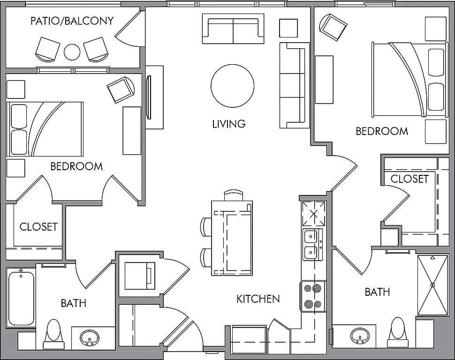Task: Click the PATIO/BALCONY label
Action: click(x=72, y=21)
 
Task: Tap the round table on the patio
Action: click(x=72, y=52)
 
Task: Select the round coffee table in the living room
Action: click(x=233, y=86)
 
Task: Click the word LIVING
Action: click(x=229, y=124)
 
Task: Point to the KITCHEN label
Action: click(x=258, y=299)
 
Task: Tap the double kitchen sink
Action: click(x=313, y=244)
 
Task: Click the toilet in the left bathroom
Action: click(x=54, y=334)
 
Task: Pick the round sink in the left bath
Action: click(x=90, y=337)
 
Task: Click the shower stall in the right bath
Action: click(x=432, y=285)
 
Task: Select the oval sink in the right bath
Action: click(x=360, y=336)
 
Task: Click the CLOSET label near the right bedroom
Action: click(x=409, y=179)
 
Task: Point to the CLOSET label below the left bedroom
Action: click(x=38, y=227)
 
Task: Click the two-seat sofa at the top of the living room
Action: click(x=233, y=29)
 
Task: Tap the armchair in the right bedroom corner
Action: click(x=334, y=27)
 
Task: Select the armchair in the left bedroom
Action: click(x=121, y=90)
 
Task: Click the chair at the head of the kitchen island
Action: click(x=234, y=195)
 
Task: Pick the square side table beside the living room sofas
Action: click(x=288, y=28)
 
